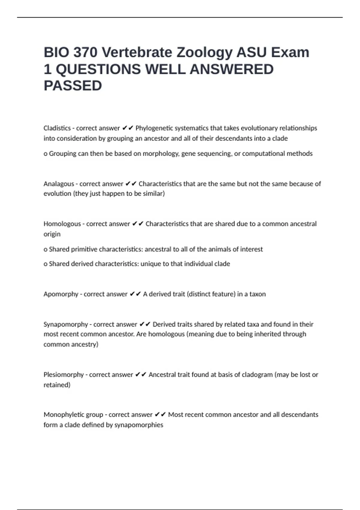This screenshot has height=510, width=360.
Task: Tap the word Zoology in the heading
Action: (204, 52)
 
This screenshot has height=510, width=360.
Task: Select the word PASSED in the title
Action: (73, 86)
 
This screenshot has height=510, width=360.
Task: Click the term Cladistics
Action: (57, 128)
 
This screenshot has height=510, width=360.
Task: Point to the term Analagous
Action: (59, 184)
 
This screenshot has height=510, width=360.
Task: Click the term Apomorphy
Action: (61, 294)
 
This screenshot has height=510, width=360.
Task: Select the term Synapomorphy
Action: (66, 324)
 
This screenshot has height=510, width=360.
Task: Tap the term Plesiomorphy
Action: (64, 375)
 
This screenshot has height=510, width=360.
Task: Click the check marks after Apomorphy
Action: (135, 294)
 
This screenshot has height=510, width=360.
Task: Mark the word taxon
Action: (257, 294)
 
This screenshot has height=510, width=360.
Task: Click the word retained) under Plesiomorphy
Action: (57, 385)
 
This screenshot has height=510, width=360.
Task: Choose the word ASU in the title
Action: (251, 52)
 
